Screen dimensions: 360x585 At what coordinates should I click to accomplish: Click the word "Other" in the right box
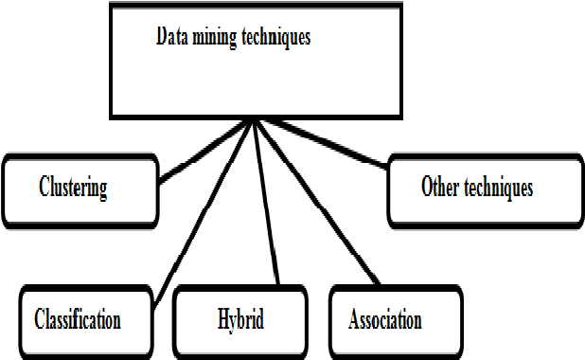tap(440, 187)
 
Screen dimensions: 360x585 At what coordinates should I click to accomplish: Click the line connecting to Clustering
tap(204, 150)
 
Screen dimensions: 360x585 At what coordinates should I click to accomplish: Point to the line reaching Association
tap(317, 204)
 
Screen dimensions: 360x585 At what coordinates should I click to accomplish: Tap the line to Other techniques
tap(322, 142)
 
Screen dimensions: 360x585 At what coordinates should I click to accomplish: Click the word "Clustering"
tap(73, 187)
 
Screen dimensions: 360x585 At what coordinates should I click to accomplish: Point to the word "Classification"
tap(77, 318)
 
